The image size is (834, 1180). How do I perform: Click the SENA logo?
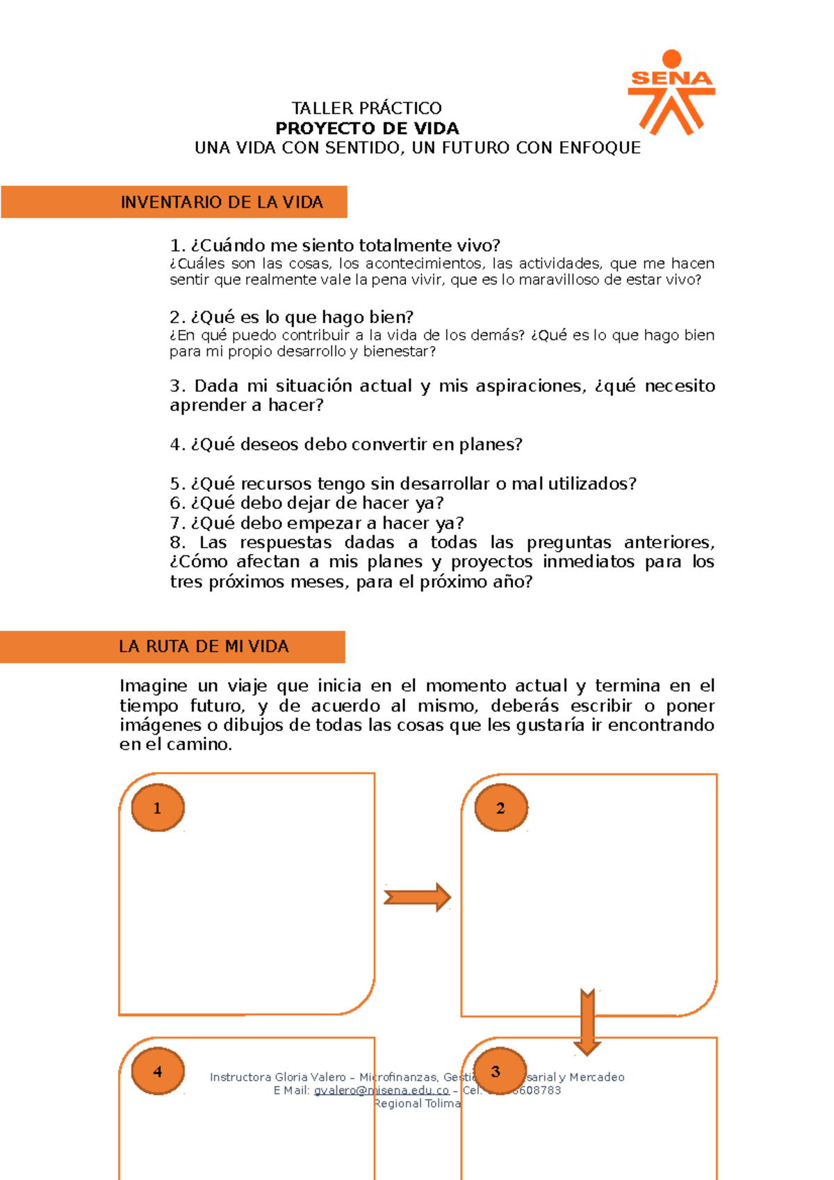(671, 92)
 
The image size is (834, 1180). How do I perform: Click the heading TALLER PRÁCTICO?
(366, 108)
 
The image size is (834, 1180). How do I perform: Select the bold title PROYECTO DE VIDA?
(367, 129)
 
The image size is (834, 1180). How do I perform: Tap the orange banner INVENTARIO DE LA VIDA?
(174, 202)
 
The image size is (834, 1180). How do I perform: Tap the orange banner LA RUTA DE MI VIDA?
(172, 647)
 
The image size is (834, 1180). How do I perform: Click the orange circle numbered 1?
(158, 808)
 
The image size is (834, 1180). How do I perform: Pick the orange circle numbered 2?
(500, 808)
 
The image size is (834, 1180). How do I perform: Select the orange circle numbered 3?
(496, 1071)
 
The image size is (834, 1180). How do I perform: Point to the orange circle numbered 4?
(158, 1071)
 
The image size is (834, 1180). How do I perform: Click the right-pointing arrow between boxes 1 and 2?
(417, 897)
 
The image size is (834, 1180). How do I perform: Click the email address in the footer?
(381, 1090)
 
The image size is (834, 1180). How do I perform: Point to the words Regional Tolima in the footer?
(417, 1104)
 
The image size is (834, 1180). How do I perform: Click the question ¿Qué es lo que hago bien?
(292, 318)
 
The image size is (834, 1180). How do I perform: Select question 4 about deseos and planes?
(346, 445)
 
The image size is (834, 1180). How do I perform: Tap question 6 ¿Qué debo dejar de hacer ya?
(306, 503)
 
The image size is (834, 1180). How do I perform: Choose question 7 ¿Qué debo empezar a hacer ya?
(317, 523)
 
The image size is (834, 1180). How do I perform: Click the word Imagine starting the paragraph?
(153, 687)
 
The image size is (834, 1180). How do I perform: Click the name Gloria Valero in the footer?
(310, 1077)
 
